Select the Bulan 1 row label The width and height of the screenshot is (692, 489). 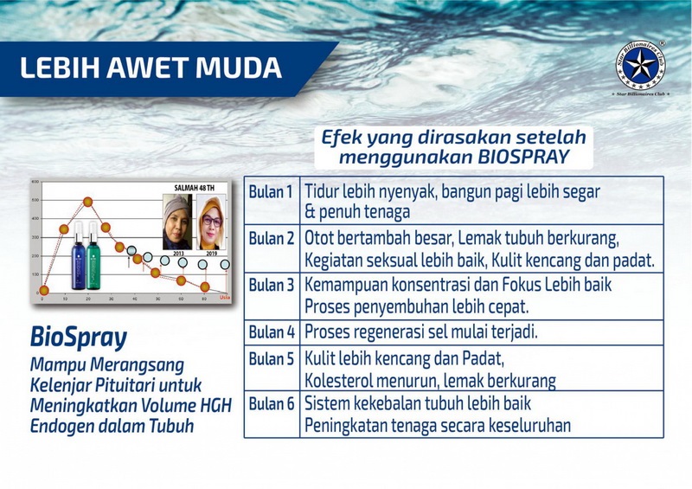[x=271, y=191]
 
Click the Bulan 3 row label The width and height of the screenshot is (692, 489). [x=271, y=285]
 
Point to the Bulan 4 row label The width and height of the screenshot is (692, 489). [x=271, y=331]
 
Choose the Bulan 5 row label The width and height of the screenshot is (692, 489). [x=271, y=357]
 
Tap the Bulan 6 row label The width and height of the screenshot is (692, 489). [x=271, y=404]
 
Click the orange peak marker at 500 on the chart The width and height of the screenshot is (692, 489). [x=87, y=202]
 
